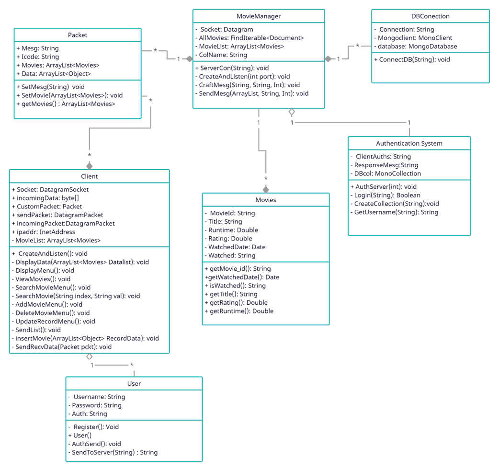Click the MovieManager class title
pyautogui.click(x=259, y=16)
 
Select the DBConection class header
pyautogui.click(x=430, y=16)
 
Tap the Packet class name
pyautogui.click(x=78, y=35)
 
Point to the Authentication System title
pyautogui.click(x=409, y=143)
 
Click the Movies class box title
pyautogui.click(x=266, y=200)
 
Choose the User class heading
pyautogui.click(x=134, y=383)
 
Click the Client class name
pyautogui.click(x=89, y=176)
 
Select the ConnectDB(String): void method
pyautogui.click(x=411, y=60)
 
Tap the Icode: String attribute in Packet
pyautogui.click(x=37, y=57)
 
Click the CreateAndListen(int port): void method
pyautogui.click(x=244, y=77)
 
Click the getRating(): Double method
pyautogui.click(x=236, y=303)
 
